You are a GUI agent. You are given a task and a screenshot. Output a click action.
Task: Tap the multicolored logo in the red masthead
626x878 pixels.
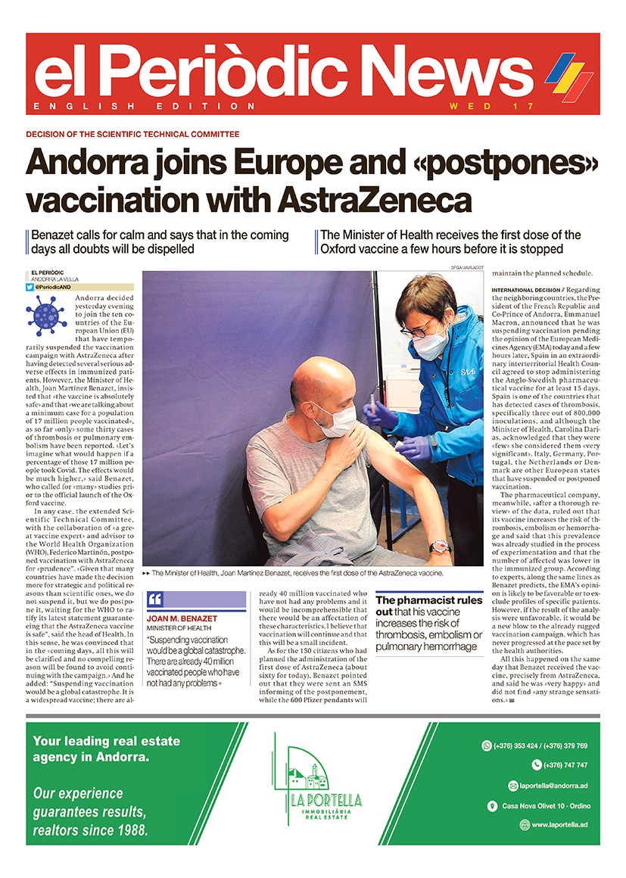tap(568, 78)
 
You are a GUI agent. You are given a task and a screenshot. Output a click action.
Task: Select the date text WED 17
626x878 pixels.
tap(492, 106)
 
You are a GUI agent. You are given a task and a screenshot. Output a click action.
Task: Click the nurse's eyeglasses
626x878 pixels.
tap(418, 329)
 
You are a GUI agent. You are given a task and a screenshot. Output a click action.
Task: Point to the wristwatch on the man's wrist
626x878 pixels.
tap(438, 546)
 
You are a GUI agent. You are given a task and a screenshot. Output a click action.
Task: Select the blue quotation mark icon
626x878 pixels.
tap(155, 600)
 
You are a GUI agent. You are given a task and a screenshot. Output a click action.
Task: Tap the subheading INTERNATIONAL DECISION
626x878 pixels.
tap(527, 290)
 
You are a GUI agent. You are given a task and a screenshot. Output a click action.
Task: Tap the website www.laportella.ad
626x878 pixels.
tap(553, 825)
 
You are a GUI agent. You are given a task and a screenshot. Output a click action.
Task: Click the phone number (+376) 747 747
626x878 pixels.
tap(565, 765)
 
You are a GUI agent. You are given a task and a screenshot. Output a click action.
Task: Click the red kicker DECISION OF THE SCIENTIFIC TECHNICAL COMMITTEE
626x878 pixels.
tap(132, 134)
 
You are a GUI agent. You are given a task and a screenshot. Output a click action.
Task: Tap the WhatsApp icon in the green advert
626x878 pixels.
tap(486, 746)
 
